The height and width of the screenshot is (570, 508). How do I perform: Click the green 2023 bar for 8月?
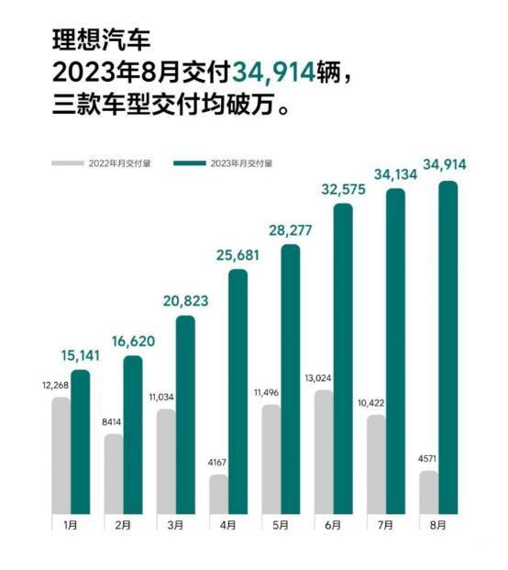(448, 347)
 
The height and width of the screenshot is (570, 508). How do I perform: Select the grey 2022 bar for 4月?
(219, 494)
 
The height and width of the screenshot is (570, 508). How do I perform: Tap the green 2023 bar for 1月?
(81, 441)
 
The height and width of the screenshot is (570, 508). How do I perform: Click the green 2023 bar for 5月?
(291, 379)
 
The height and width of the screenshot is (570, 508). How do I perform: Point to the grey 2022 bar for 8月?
(429, 492)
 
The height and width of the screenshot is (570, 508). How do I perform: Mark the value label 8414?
(113, 423)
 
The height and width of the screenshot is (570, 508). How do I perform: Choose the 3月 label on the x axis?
(176, 525)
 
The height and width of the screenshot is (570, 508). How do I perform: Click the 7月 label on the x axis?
(385, 525)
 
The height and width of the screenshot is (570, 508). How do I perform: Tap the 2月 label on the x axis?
(124, 525)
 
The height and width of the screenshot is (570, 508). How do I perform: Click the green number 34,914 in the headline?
(276, 69)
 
